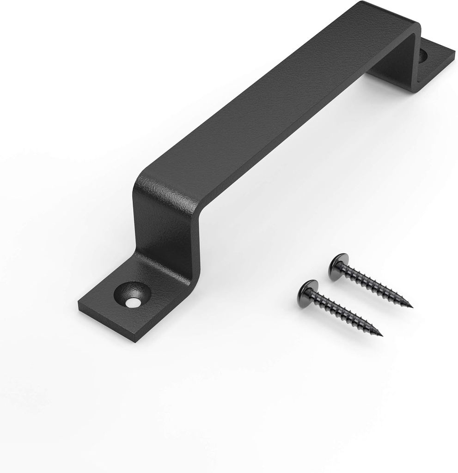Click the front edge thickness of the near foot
coord(106,323)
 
